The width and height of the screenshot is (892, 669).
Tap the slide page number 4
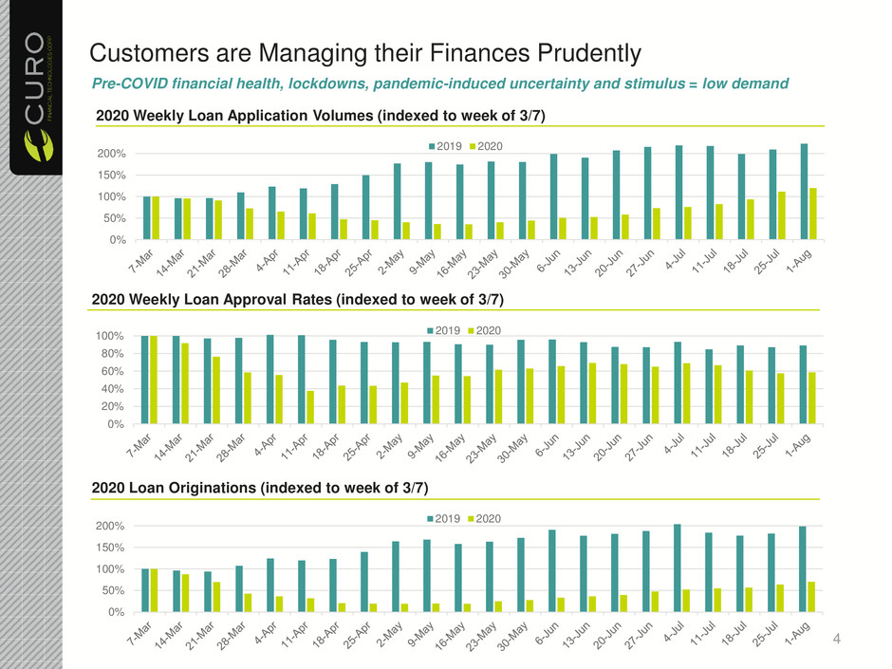click(x=836, y=639)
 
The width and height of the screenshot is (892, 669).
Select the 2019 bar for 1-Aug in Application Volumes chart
click(x=804, y=192)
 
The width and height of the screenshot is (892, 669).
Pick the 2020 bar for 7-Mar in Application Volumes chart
click(x=156, y=218)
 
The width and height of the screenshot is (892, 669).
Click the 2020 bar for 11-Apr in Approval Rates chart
click(x=310, y=407)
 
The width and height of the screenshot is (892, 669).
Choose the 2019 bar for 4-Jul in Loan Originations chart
click(x=677, y=568)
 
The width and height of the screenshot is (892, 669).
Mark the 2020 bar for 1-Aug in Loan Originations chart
click(x=811, y=597)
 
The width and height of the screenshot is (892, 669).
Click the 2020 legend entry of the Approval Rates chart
click(x=484, y=330)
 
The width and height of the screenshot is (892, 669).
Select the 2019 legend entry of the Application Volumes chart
click(x=445, y=146)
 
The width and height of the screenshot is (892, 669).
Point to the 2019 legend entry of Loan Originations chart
click(x=444, y=519)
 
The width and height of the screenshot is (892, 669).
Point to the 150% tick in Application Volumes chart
click(x=112, y=176)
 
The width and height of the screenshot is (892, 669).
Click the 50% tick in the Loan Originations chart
click(x=113, y=590)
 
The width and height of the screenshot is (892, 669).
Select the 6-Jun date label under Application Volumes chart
click(x=549, y=261)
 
